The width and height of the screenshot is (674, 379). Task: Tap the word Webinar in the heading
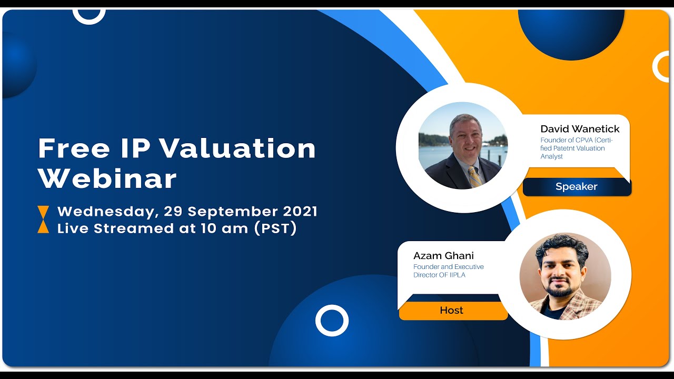[107, 179]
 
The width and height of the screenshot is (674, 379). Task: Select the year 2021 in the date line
[300, 212]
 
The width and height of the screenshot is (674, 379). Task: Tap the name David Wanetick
[580, 129]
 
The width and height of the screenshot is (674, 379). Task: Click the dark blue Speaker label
[576, 187]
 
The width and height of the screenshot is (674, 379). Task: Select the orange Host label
[452, 311]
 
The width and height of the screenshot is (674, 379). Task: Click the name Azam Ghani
[443, 256]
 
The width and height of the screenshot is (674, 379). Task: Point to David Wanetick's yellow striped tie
[474, 177]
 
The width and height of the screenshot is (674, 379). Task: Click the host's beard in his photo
[560, 290]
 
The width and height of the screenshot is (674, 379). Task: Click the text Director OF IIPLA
[439, 275]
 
